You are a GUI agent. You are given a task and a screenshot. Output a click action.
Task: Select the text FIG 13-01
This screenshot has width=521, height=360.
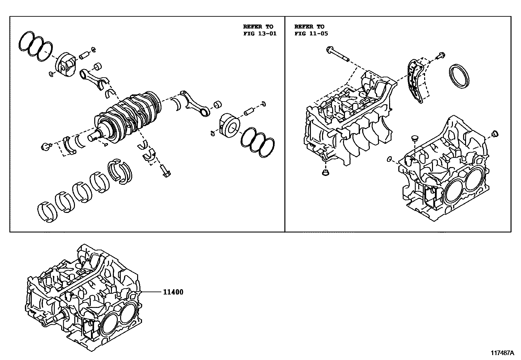click(x=260, y=33)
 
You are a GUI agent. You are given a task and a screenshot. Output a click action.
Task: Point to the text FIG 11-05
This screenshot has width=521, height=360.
click(x=311, y=33)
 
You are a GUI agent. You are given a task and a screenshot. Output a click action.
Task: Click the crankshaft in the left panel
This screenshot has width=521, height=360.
click(x=131, y=115)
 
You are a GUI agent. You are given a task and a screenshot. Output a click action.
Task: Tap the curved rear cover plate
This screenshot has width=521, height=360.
click(x=415, y=80)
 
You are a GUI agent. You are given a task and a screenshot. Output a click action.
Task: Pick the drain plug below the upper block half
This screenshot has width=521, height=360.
click(x=326, y=173)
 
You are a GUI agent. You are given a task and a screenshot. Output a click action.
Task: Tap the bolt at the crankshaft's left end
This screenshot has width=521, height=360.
click(x=45, y=146)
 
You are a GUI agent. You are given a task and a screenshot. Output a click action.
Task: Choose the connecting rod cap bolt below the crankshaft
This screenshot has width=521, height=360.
click(x=165, y=171)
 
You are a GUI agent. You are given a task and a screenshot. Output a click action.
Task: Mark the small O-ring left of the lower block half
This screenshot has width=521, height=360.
click(x=389, y=159)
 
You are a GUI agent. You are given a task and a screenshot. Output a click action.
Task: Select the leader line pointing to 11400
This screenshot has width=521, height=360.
click(x=151, y=292)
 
